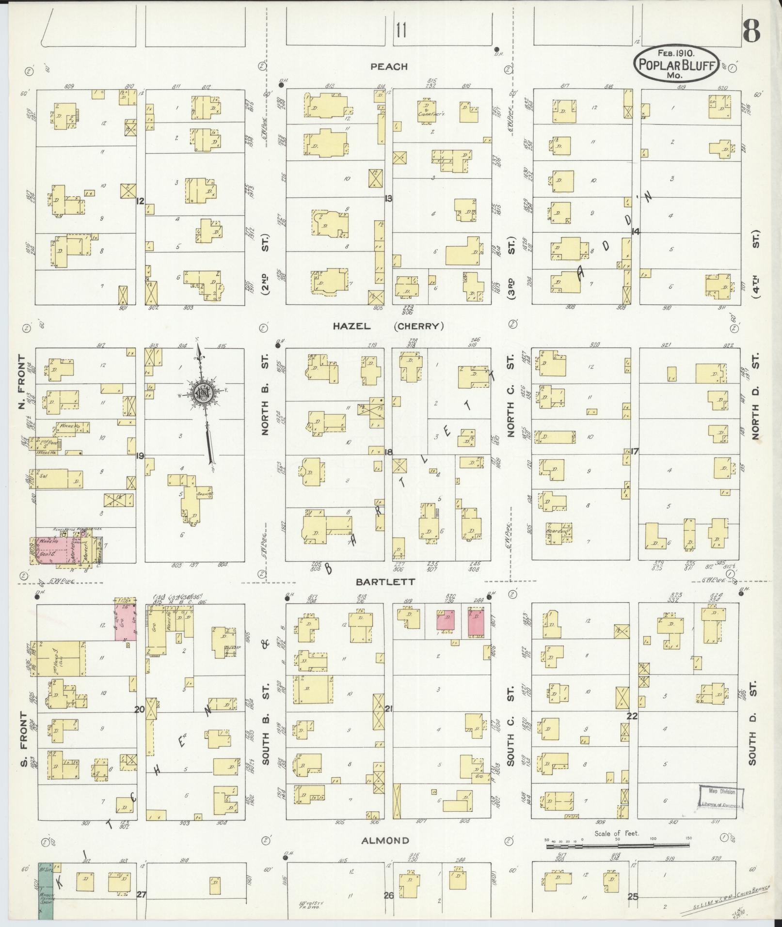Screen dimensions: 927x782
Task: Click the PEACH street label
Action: coord(389,67)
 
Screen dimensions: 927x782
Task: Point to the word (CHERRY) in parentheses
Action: coord(419,327)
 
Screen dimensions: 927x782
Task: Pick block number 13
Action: coord(388,198)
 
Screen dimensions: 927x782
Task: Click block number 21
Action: coord(388,709)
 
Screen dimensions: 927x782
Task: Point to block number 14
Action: coord(635,232)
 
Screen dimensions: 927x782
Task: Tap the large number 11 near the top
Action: coord(400,31)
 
